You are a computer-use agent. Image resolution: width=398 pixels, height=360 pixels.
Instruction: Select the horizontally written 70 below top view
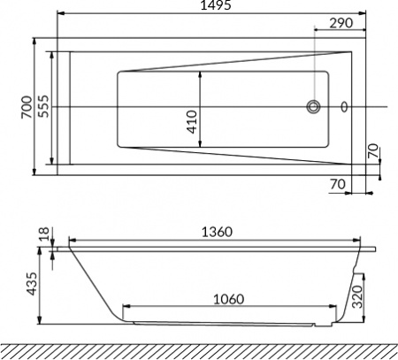point(335,184)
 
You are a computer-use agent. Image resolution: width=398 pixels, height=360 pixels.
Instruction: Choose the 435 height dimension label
point(33,287)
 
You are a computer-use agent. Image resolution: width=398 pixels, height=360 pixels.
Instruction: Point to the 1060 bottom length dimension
point(231,300)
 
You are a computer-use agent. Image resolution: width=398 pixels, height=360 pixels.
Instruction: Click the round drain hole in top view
point(314,108)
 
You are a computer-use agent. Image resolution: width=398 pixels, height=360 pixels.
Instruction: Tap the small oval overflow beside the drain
point(344,108)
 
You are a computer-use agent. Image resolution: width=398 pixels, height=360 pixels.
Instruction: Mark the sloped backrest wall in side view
point(93,283)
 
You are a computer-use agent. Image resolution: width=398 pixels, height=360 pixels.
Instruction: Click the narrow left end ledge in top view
point(61,108)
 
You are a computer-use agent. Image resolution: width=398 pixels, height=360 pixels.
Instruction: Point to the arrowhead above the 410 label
point(203,73)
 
